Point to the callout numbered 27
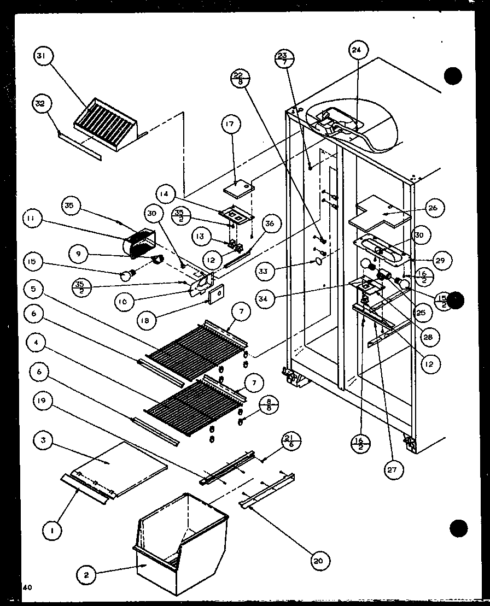(394, 468)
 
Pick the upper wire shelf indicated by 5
(191, 351)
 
